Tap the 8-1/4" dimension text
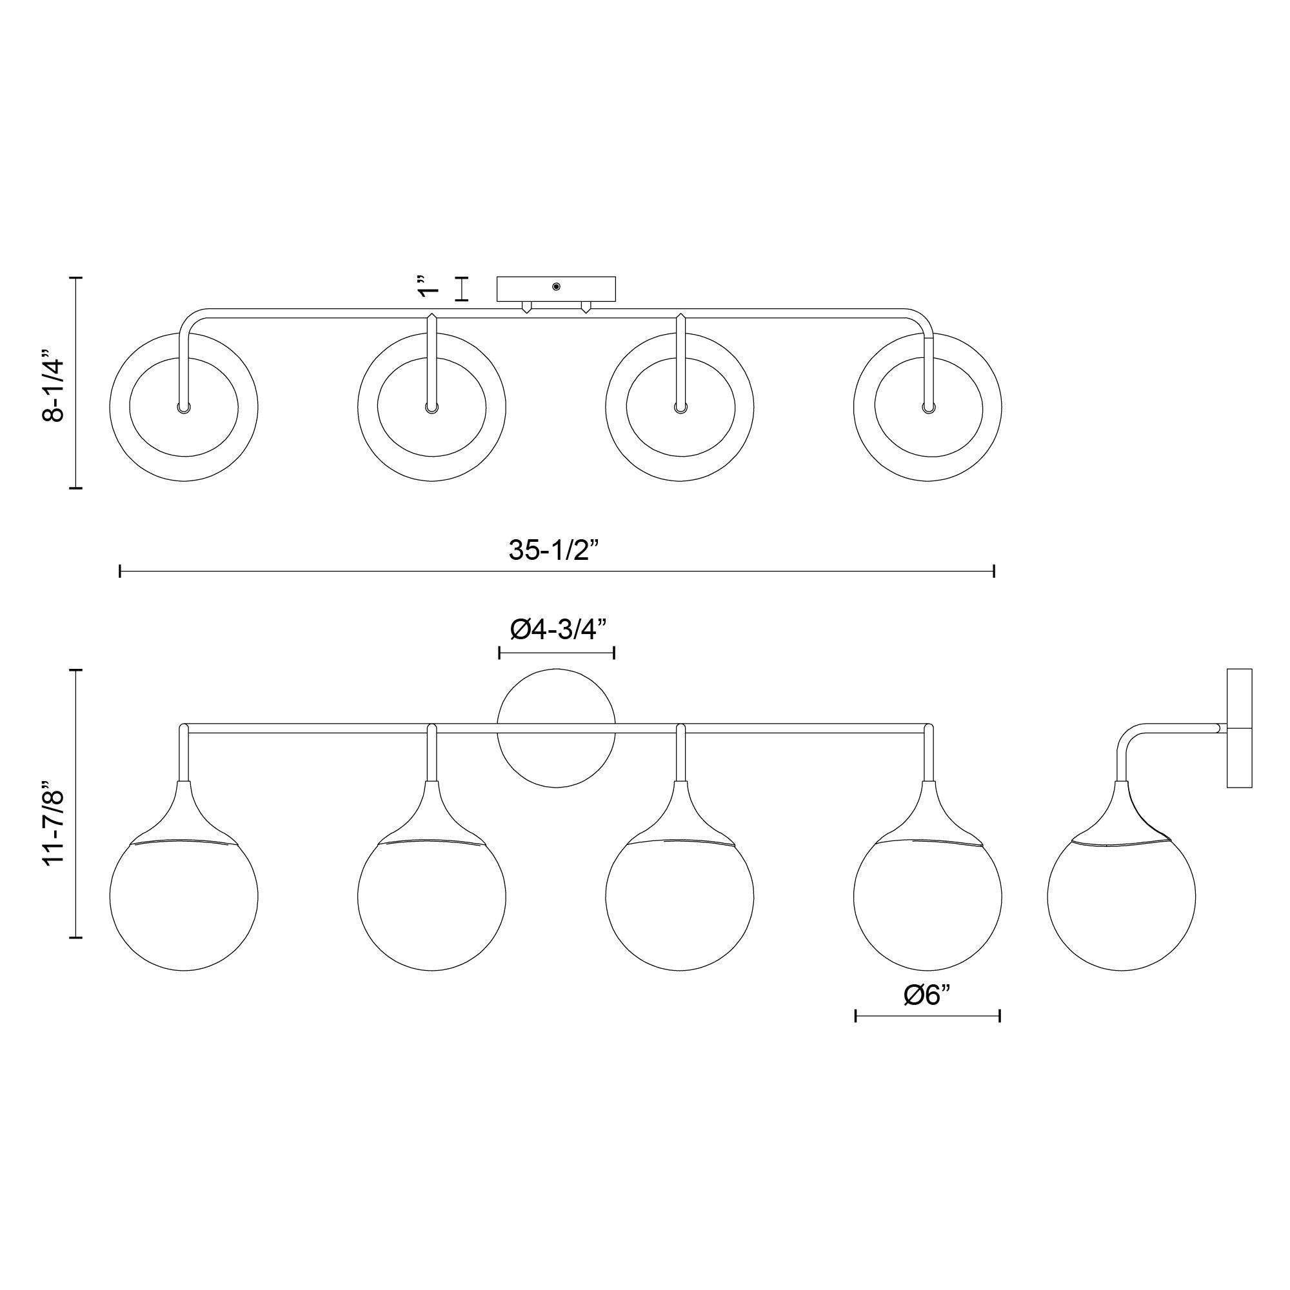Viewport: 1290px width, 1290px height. pyautogui.click(x=54, y=385)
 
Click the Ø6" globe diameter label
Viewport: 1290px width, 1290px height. pyautogui.click(x=927, y=1013)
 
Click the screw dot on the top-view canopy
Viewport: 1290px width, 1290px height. pyautogui.click(x=556, y=286)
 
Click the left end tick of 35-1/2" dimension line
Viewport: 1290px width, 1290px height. pyautogui.click(x=120, y=571)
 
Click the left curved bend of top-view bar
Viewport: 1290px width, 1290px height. pyautogui.click(x=190, y=319)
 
